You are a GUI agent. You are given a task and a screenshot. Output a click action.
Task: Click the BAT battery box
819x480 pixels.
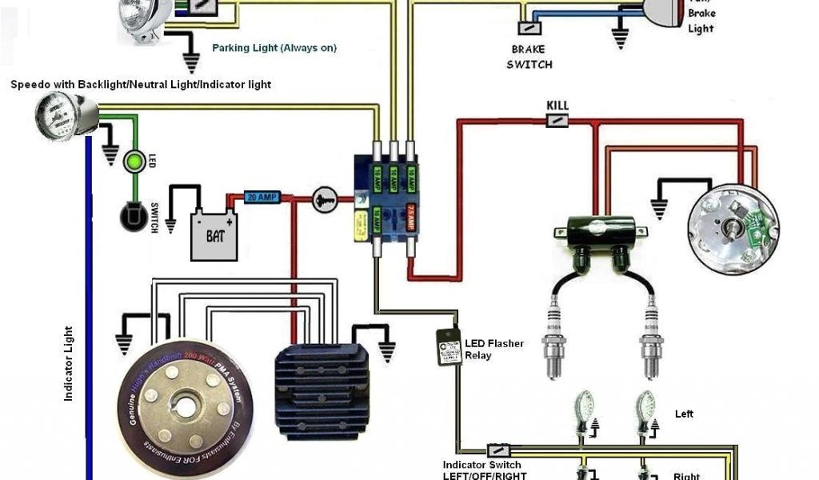pos(214,234)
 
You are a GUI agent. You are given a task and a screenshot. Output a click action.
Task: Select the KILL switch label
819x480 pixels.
pos(557,106)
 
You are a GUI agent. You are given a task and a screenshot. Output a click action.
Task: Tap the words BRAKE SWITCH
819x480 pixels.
pos(529,57)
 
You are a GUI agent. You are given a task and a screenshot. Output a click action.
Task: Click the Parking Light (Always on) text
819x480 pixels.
pos(274,48)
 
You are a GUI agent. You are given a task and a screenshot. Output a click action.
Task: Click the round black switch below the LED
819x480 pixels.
pos(129,217)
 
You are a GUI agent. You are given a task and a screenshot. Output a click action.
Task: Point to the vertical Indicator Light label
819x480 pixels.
pos(69,363)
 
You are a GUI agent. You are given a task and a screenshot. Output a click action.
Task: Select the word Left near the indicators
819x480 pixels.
pos(684,414)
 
